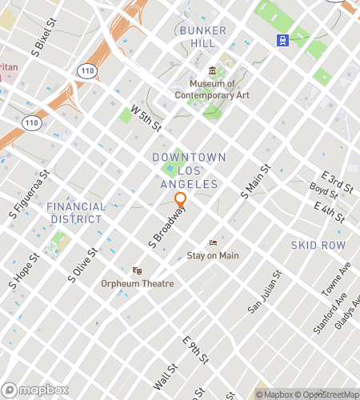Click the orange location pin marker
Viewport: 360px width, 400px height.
(181, 200)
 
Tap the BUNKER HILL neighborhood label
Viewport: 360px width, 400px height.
(204, 38)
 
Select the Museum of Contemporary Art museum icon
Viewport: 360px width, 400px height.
(212, 70)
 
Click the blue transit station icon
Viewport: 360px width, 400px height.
(282, 39)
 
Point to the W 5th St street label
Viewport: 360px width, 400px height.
(146, 118)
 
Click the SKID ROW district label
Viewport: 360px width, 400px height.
(318, 245)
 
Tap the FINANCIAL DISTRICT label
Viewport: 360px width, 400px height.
(76, 213)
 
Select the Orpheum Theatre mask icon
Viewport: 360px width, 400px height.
(137, 270)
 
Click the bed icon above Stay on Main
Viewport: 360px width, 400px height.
(213, 242)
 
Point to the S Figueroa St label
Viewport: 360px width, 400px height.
(30, 194)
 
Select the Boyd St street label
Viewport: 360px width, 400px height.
(324, 193)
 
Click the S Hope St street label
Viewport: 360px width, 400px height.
(24, 272)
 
